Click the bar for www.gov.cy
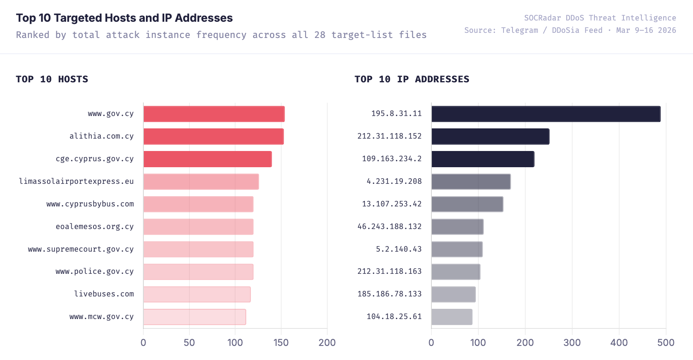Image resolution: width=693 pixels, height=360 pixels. [x=214, y=114]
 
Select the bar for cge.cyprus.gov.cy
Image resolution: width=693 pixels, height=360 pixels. [x=207, y=159]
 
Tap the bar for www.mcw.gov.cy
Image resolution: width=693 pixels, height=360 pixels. [x=195, y=317]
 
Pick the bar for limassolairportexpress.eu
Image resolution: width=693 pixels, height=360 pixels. [x=201, y=182]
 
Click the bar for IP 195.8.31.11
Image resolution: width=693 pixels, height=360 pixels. [x=546, y=114]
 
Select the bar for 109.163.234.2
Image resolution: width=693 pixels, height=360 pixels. [x=483, y=159]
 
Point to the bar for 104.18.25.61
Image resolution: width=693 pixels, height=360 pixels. [x=451, y=317]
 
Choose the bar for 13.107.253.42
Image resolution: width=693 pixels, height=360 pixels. [x=467, y=204]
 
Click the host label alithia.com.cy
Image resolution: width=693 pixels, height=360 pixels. [x=102, y=136]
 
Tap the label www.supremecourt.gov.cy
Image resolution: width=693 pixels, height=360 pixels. [x=81, y=249]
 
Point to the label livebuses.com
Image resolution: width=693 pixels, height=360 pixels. [x=104, y=294]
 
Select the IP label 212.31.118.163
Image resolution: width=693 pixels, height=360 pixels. [x=389, y=271]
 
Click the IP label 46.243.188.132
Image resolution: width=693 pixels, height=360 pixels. [x=389, y=226]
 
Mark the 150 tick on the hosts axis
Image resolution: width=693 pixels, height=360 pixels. [x=281, y=343]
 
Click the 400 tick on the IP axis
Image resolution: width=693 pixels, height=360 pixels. [x=619, y=343]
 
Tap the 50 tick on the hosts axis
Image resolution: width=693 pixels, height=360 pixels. [x=189, y=343]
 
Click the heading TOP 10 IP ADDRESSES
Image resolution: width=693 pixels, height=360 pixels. [x=411, y=79]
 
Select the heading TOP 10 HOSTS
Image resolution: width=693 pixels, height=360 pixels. [x=52, y=79]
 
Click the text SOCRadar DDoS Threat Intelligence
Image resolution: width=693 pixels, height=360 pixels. [x=600, y=18]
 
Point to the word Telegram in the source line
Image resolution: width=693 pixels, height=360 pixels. [x=519, y=30]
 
